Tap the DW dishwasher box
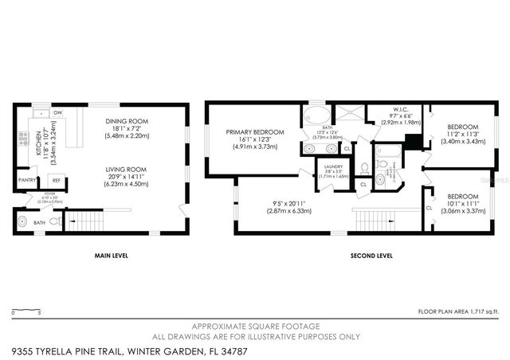(58, 112)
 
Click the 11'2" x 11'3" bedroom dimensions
(462, 135)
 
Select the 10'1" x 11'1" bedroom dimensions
(462, 205)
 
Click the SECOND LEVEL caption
(372, 256)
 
